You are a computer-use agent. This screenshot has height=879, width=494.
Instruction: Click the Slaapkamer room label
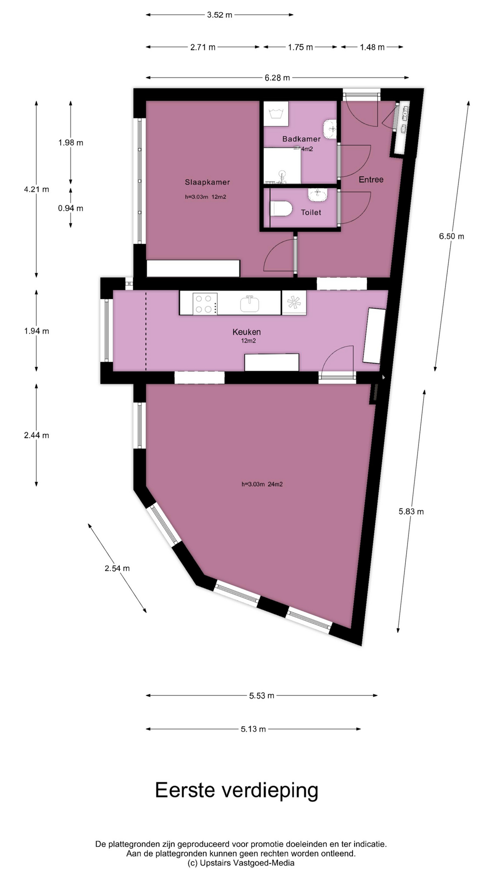click(x=207, y=182)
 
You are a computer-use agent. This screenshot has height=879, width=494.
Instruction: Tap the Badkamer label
click(x=301, y=139)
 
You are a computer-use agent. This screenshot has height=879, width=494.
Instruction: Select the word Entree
click(x=371, y=179)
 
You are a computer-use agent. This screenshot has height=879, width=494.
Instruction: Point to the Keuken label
click(x=247, y=332)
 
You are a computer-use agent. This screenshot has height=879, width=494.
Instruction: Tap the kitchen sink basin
click(x=250, y=304)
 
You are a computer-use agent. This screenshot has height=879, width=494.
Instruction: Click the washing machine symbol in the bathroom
click(x=276, y=114)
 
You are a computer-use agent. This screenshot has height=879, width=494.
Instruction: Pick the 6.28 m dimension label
click(x=277, y=78)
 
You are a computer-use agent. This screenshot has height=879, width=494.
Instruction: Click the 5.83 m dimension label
click(x=411, y=511)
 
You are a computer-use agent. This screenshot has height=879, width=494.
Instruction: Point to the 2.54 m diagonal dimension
click(x=117, y=568)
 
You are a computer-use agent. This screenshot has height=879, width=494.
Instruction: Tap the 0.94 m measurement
click(x=70, y=208)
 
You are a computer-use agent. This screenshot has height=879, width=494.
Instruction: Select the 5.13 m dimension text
click(x=253, y=729)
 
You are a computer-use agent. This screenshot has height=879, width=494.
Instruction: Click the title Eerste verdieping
click(x=236, y=790)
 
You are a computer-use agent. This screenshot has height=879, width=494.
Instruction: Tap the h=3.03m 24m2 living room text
click(x=262, y=484)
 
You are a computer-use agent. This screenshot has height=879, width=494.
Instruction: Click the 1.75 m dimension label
click(x=301, y=47)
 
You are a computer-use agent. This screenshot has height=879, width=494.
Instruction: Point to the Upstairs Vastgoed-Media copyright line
click(x=241, y=863)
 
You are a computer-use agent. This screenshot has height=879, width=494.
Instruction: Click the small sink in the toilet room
click(x=317, y=195)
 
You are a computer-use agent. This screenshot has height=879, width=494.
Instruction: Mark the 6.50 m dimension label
click(x=451, y=236)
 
